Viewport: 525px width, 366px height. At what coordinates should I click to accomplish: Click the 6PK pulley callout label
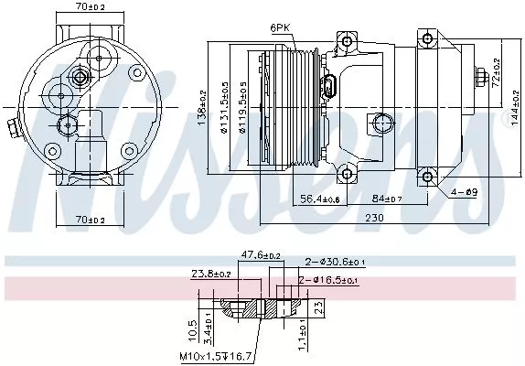(280, 28)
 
